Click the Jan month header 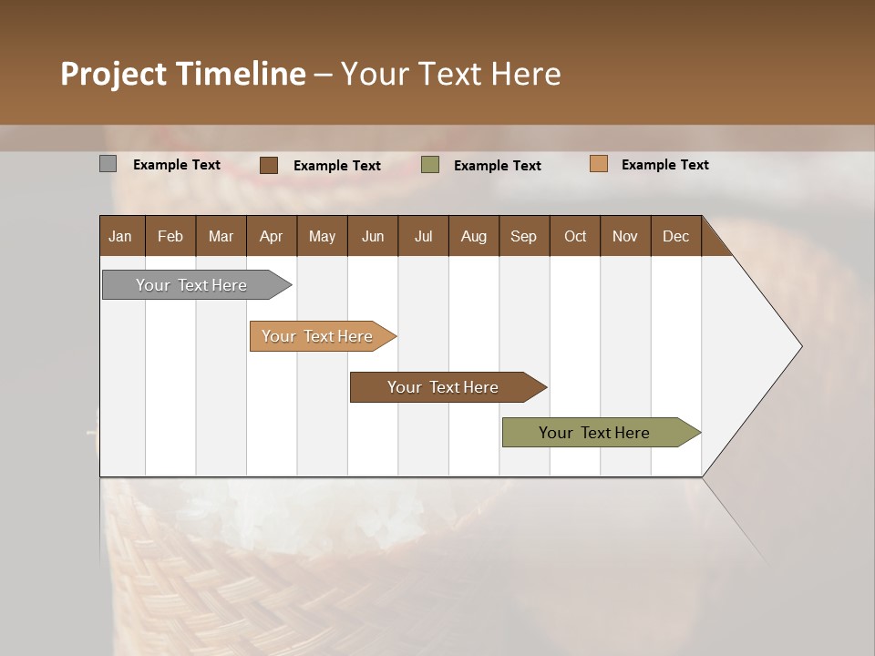point(121,236)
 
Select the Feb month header point(170,236)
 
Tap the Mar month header point(221,236)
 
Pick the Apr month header point(272,236)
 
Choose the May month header point(322,236)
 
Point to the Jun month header point(373,236)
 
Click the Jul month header point(423,236)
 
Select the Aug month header point(474,236)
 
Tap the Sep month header point(524,236)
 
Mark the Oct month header point(575,236)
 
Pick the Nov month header point(625,236)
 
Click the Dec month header point(676,236)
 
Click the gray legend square point(108,164)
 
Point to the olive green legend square point(430,165)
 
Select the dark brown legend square point(269,165)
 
